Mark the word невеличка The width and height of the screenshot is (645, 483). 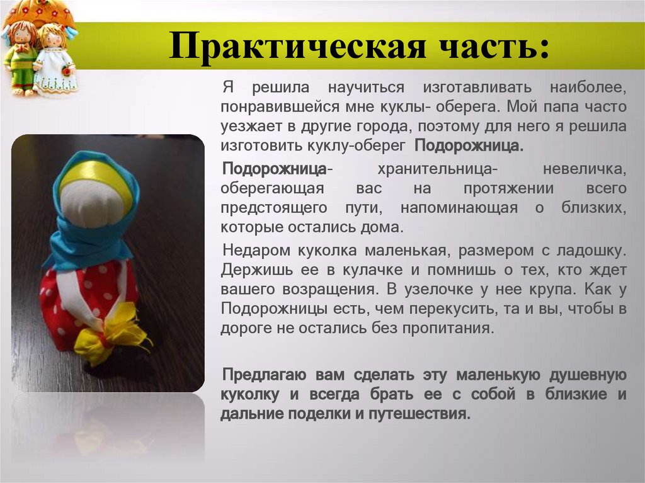point(584,169)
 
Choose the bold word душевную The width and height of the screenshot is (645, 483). point(586,375)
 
